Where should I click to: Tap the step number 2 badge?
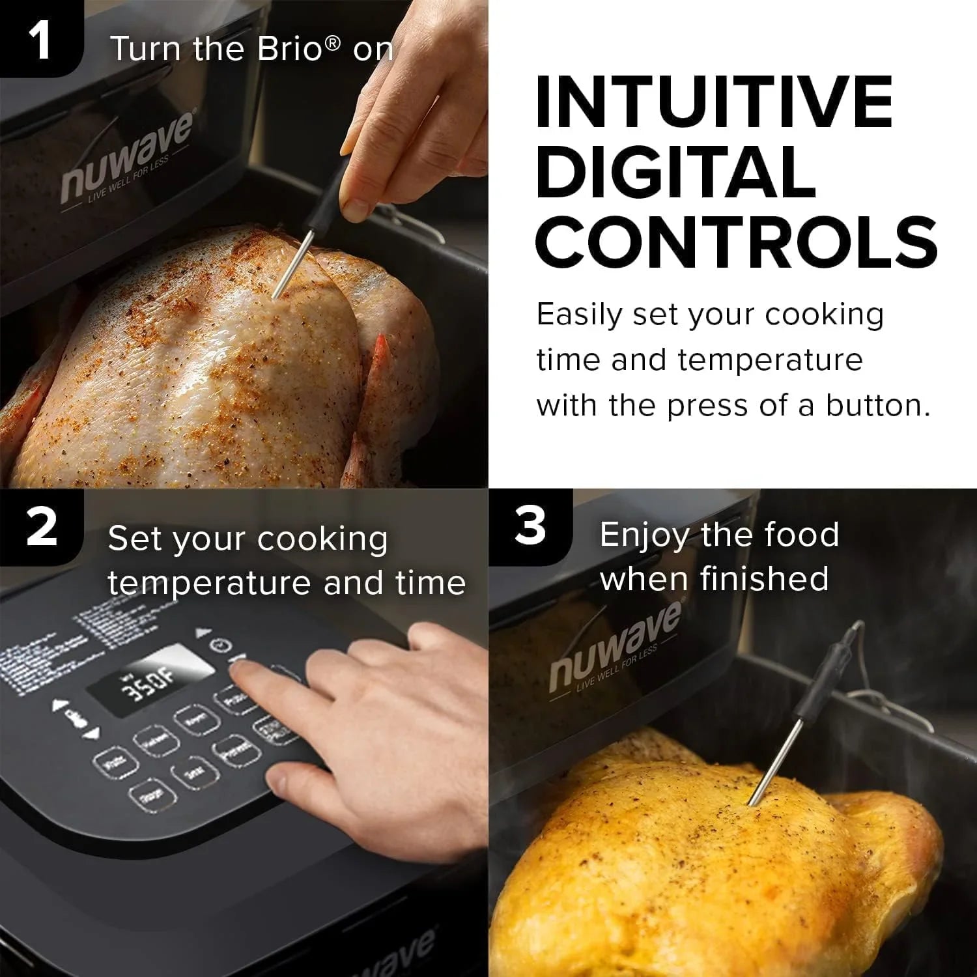click(x=42, y=528)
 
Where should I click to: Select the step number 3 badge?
click(x=530, y=526)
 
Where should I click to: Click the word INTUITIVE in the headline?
click(x=714, y=102)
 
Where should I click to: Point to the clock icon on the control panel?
click(x=221, y=645)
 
